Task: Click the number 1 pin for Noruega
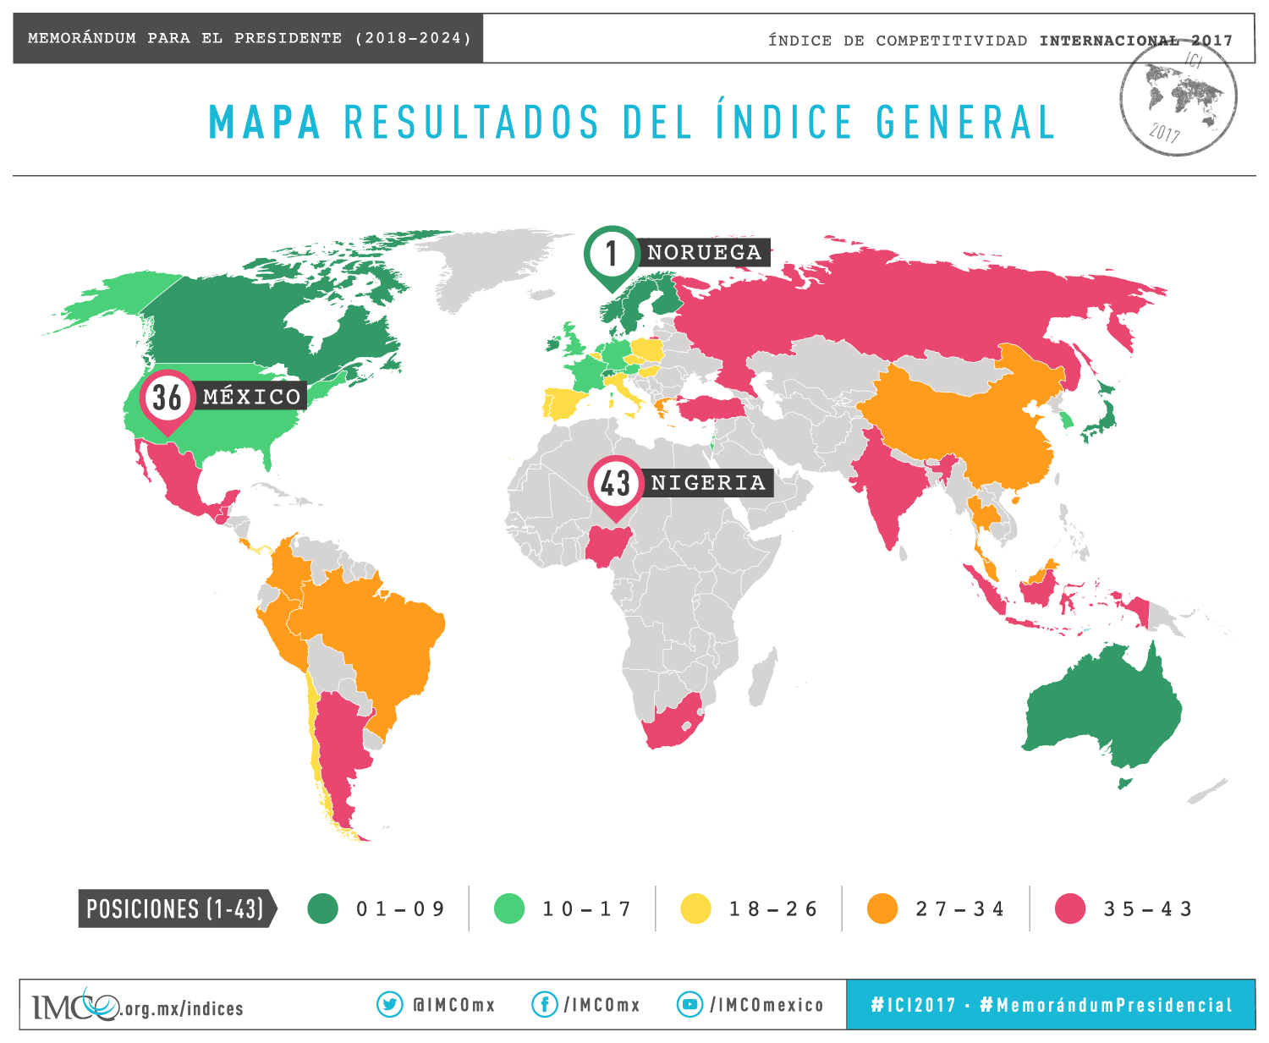coord(611,253)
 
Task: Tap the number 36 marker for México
coord(167,397)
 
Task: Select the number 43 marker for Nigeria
coord(615,483)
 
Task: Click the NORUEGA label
coord(704,253)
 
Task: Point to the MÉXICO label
coord(252,397)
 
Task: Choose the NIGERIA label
coord(708,483)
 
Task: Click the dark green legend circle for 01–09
coord(322,909)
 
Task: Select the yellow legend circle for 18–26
coord(695,909)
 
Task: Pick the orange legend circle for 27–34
coord(882,909)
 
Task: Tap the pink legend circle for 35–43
coord(1070,909)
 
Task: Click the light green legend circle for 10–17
coord(509,909)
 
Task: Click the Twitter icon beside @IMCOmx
coord(389,1004)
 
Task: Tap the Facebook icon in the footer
coord(544,1004)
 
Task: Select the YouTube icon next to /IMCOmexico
coord(690,1004)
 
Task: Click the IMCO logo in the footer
coord(76,1005)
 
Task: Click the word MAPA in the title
coord(265,123)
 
